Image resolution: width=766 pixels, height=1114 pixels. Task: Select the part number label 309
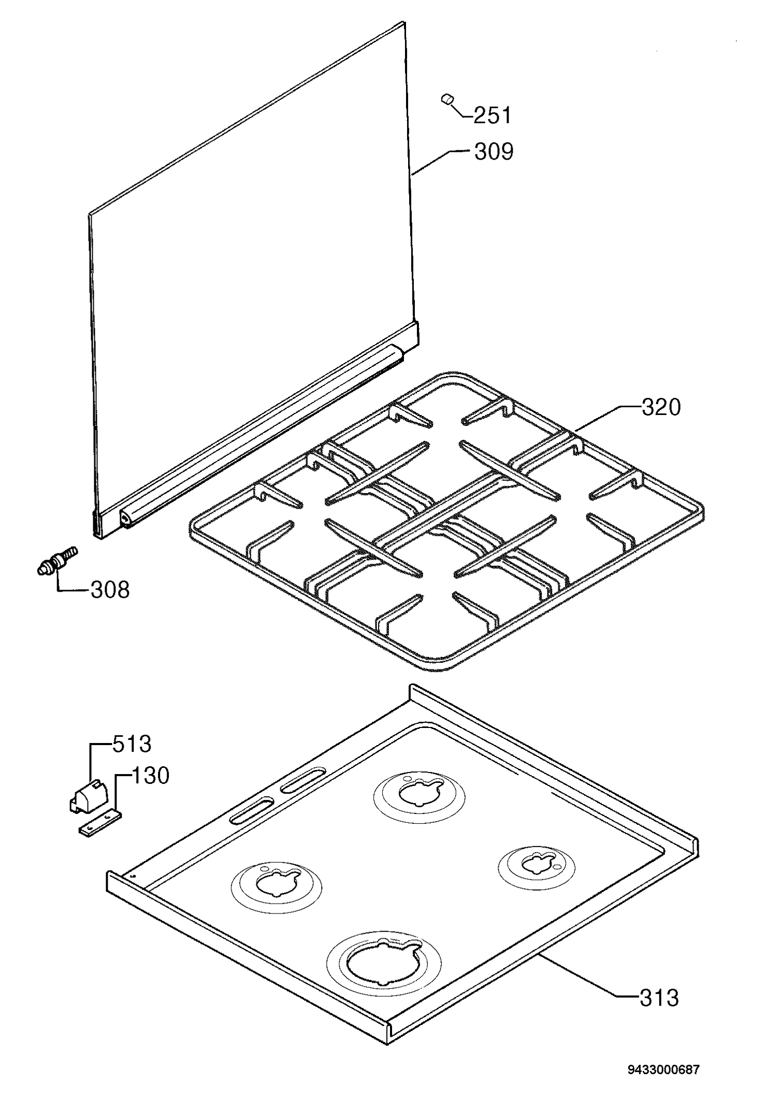click(494, 151)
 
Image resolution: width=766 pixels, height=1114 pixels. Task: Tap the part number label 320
click(661, 407)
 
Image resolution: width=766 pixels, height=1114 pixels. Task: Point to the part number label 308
click(110, 590)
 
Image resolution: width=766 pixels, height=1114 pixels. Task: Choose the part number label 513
click(132, 744)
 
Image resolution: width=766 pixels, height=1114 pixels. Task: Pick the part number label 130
click(151, 776)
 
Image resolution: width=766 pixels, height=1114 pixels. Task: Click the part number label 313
click(659, 998)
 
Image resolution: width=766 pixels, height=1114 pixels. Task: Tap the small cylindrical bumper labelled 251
click(447, 99)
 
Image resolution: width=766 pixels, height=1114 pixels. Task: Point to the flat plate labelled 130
click(101, 822)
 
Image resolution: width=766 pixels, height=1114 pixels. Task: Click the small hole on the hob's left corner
click(134, 876)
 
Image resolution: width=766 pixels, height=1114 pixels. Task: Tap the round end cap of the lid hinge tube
click(126, 518)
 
